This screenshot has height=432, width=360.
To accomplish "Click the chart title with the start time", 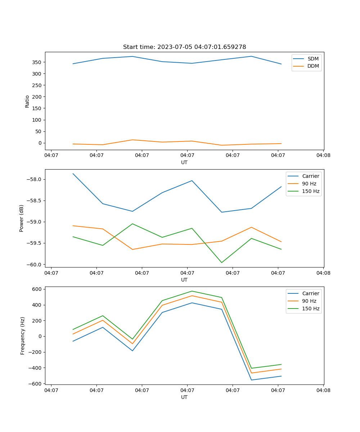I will coord(184,47).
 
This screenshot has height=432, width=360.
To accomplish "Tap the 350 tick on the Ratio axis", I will coord(37,62).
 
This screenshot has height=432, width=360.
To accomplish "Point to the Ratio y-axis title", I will coord(27,101).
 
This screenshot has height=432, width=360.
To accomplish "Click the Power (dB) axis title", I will coord(22,218).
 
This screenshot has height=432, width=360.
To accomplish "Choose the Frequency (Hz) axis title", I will coord(22,336).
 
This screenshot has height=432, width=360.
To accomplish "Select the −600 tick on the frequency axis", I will coord(36,384).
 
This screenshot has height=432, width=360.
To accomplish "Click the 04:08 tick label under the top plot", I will coord(323,156).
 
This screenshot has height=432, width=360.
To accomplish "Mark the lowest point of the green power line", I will coord(221,262).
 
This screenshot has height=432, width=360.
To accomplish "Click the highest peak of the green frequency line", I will coord(192,291).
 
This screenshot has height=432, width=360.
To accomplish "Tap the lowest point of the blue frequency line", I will coord(251,380).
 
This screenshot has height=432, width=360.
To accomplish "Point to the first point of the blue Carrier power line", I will coord(73,174).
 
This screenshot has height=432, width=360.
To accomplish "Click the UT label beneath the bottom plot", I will coord(184,397).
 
